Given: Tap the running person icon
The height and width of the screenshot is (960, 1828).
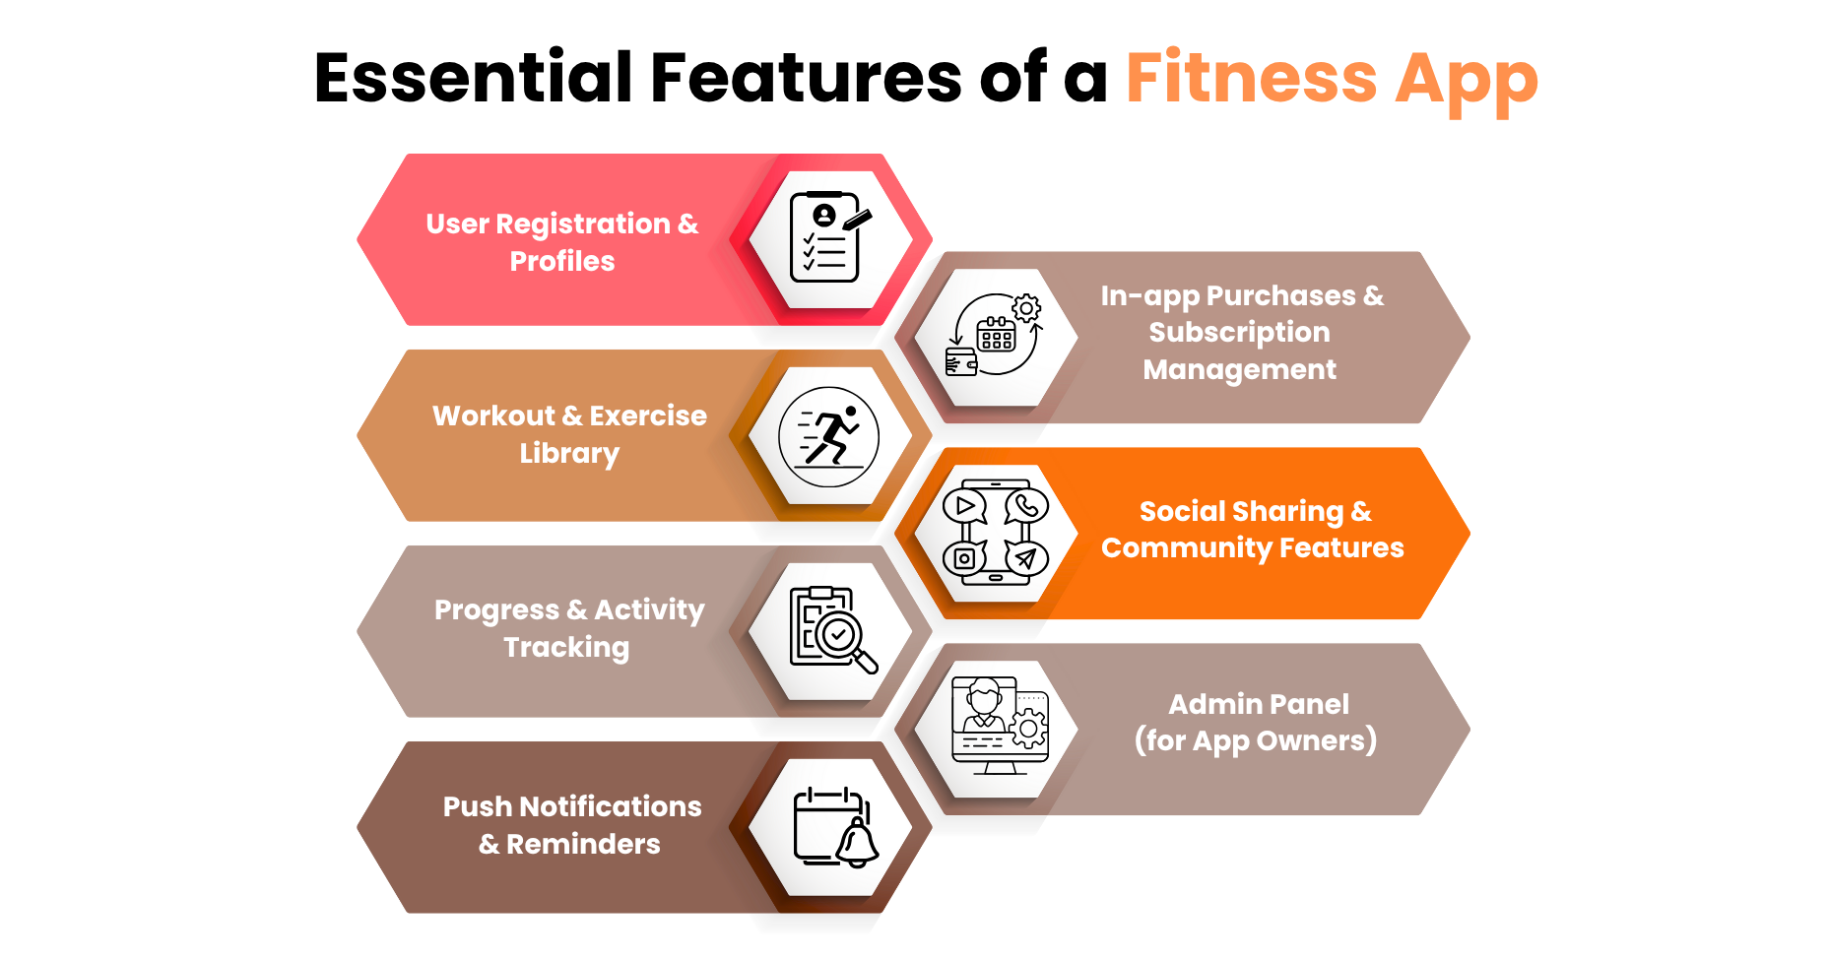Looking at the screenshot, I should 828,436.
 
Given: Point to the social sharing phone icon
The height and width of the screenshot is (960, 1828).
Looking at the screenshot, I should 996,533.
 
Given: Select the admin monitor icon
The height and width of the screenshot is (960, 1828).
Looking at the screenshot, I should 999,727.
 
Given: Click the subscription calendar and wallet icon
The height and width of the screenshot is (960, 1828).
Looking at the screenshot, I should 995,336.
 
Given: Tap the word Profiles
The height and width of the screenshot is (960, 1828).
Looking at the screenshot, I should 562,261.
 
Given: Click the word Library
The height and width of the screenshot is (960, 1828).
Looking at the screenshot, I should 569,453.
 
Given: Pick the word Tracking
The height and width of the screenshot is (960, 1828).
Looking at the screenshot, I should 566,647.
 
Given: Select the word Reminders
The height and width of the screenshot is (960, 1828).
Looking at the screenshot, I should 583,844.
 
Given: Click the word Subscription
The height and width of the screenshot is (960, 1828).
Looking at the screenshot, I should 1239,333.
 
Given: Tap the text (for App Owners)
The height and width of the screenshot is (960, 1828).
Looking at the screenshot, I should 1255,740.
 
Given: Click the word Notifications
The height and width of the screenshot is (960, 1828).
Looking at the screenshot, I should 610,806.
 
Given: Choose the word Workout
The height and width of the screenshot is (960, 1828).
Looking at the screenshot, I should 493,416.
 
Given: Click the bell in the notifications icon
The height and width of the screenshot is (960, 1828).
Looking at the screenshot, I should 857,843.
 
